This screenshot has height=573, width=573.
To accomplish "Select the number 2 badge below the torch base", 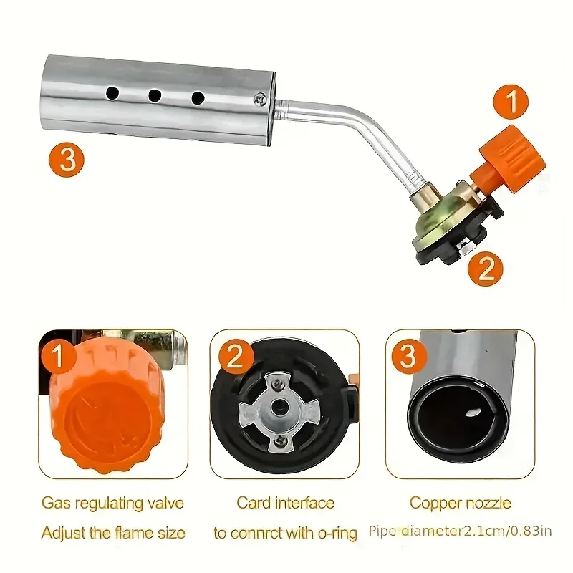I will tap(486, 270).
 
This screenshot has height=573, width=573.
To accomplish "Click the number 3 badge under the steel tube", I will tap(67, 159).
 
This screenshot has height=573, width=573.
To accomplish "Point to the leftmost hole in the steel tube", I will tap(112, 93).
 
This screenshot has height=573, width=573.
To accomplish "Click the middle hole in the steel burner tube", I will tap(154, 95).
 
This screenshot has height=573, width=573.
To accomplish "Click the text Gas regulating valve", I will tap(112, 503).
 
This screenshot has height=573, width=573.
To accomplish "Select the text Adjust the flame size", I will tap(112, 533).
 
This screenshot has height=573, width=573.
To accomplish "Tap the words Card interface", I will tap(285, 503).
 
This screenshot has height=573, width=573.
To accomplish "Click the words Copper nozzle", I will tap(460, 503).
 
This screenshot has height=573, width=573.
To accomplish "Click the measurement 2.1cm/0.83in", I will tap(503, 531).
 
